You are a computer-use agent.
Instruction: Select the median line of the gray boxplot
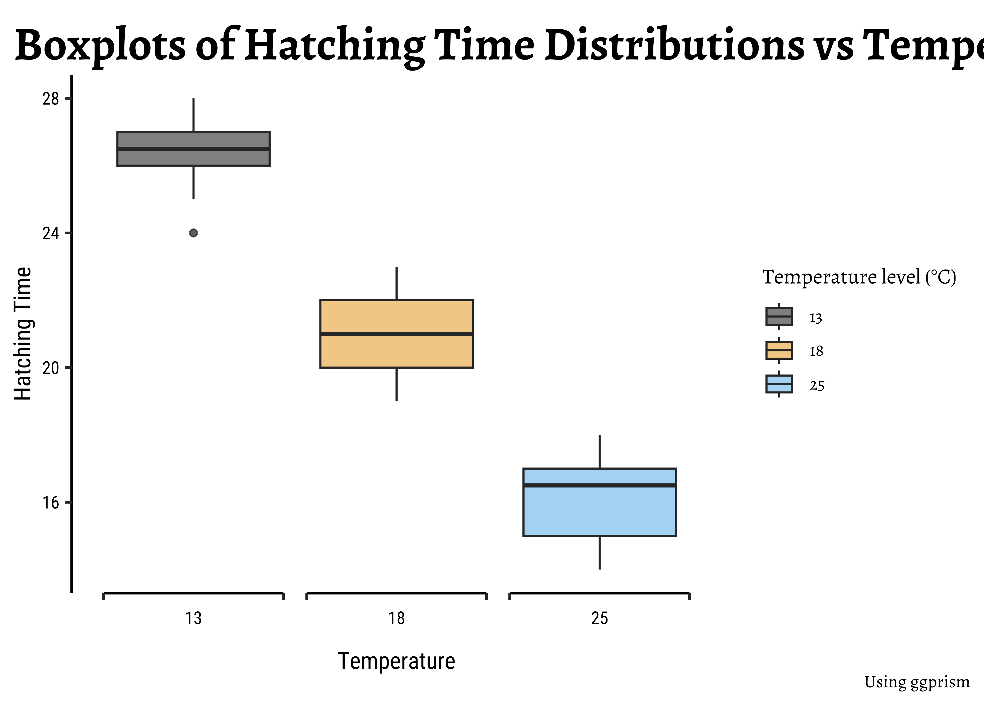[194, 149]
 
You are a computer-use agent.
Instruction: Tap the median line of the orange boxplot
[396, 334]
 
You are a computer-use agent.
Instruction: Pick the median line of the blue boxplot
[599, 485]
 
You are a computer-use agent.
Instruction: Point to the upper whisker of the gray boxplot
[194, 115]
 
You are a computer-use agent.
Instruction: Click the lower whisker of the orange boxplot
[396, 384]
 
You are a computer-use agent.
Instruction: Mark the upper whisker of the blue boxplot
[599, 452]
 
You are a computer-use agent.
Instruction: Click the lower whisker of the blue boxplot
[599, 552]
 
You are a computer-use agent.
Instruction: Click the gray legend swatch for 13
[779, 316]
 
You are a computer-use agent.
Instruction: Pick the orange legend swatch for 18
[779, 350]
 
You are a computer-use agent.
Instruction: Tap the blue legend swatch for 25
[779, 384]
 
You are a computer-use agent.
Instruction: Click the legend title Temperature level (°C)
[859, 277]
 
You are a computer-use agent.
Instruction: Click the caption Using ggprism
[917, 682]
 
